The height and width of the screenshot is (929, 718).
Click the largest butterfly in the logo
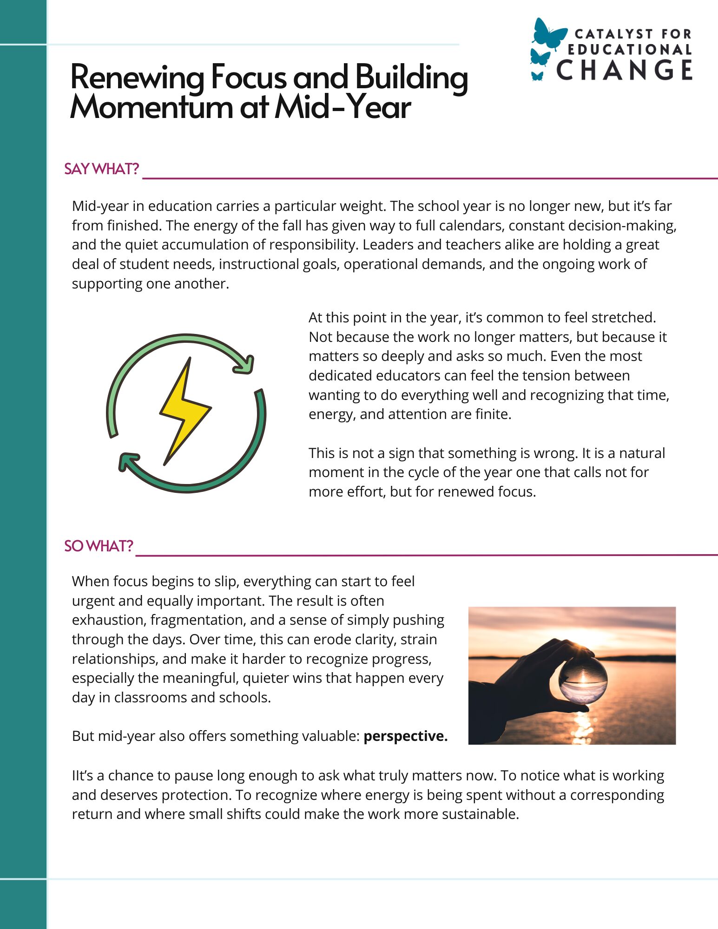(550, 33)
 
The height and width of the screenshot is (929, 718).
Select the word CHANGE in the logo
(624, 70)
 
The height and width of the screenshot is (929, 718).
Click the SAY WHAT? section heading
(102, 169)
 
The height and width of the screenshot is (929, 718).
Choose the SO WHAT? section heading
(99, 546)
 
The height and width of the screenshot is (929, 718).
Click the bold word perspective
(405, 736)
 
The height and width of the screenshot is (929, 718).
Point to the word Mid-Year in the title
(343, 107)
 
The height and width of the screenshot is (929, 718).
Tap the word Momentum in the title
(151, 107)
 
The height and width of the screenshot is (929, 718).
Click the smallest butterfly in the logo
(537, 76)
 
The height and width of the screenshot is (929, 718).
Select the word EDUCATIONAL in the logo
(630, 50)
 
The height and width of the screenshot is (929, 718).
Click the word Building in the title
(412, 77)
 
